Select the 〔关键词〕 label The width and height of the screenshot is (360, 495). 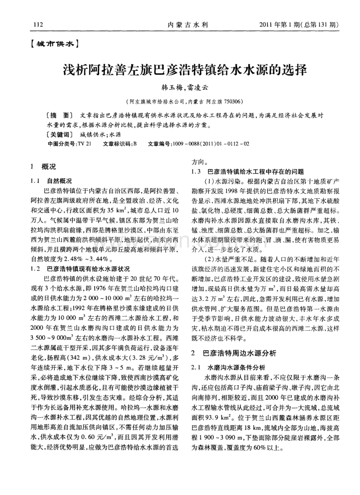[59, 134]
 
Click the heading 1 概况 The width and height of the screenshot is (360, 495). [43, 167]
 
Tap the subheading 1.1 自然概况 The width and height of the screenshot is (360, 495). [53, 180]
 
